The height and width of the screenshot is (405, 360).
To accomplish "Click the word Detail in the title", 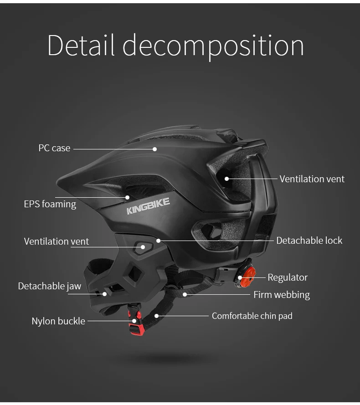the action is click(81, 45).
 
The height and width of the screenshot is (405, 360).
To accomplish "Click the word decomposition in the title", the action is click(213, 47).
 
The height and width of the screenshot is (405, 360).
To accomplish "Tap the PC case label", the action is click(54, 148).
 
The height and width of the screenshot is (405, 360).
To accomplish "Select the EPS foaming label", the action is click(50, 204).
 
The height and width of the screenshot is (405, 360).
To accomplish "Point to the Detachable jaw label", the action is click(49, 286).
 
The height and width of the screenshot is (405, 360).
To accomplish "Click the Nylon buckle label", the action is click(58, 321).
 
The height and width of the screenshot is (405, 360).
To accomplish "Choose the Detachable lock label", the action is click(309, 241).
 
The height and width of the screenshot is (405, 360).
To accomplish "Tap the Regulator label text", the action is click(288, 277).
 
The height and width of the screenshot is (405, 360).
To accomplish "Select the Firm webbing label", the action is click(282, 295).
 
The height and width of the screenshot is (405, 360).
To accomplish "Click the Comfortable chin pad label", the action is click(252, 316).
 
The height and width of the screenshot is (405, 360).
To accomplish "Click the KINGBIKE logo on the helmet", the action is click(148, 206).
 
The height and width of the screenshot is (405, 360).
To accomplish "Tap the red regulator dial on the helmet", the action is click(247, 277).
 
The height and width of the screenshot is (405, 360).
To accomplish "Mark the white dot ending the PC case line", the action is click(154, 149).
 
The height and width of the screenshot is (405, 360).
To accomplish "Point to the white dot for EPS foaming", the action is click(127, 198).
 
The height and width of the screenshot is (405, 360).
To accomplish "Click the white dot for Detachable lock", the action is click(158, 241).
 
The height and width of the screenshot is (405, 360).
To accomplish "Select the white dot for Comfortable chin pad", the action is click(156, 316).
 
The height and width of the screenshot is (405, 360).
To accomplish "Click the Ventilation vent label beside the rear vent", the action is click(312, 179).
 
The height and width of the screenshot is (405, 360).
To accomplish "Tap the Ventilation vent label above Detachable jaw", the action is click(57, 241).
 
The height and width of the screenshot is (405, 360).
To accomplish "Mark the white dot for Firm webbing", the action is click(185, 294).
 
